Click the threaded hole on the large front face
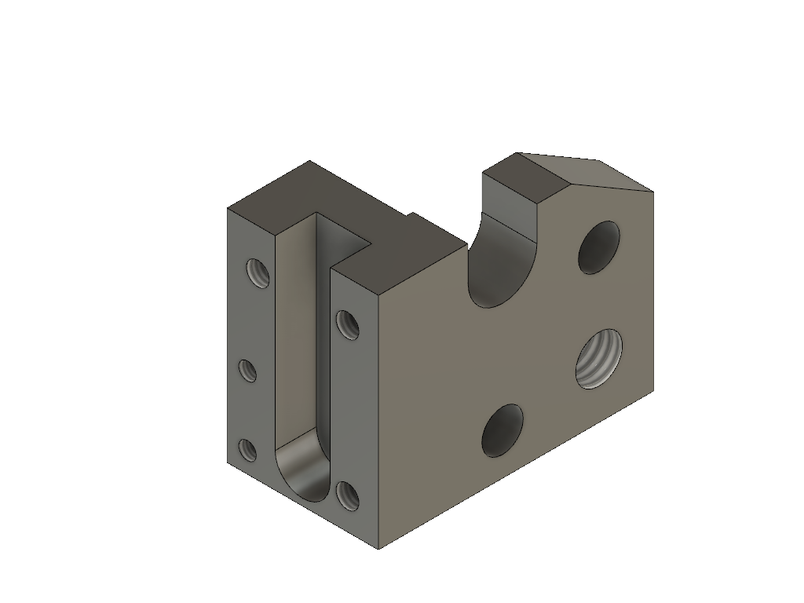click(598, 358)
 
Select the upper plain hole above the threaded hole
click(598, 247)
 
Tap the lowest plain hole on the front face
click(502, 431)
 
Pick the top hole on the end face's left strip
click(257, 272)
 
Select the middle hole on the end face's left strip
click(247, 370)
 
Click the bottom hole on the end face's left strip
click(247, 450)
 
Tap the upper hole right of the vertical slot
click(347, 324)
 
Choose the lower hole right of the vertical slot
click(347, 495)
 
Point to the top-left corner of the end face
click(228, 209)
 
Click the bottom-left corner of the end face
click(228, 462)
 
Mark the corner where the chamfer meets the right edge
click(653, 191)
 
